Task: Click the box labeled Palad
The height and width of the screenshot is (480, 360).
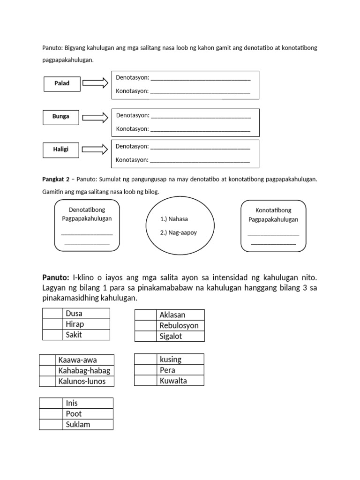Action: [x=61, y=83]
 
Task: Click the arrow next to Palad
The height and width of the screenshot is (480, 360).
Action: [x=95, y=83]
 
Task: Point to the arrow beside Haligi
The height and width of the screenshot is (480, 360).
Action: [x=95, y=150]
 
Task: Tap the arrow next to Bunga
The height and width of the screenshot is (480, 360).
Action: [x=95, y=116]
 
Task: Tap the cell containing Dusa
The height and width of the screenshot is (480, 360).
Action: [x=86, y=314]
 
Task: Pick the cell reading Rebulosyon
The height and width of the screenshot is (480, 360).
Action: [x=180, y=325]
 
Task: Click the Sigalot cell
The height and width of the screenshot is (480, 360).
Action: [x=180, y=336]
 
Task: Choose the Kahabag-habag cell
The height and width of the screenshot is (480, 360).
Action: [x=84, y=371]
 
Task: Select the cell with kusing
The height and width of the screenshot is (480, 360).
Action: [x=180, y=360]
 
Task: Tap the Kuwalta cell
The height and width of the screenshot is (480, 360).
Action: [x=180, y=381]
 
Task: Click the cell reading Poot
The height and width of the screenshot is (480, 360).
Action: [x=88, y=413]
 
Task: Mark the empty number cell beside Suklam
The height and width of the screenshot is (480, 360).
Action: [x=51, y=424]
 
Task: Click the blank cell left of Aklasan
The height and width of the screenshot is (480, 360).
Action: [x=145, y=315]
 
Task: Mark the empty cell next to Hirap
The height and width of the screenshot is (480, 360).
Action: [x=52, y=324]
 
